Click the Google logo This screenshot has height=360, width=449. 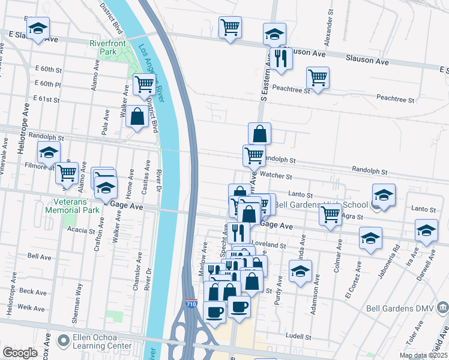click(x=20, y=353)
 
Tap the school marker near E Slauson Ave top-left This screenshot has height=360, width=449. click(x=38, y=28)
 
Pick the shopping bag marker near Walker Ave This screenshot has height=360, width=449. click(x=137, y=116)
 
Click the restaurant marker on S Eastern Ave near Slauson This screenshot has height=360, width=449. click(x=280, y=58)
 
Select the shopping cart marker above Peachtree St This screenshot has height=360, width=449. click(x=318, y=77)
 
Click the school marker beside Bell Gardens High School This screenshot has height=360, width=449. click(x=383, y=194)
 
